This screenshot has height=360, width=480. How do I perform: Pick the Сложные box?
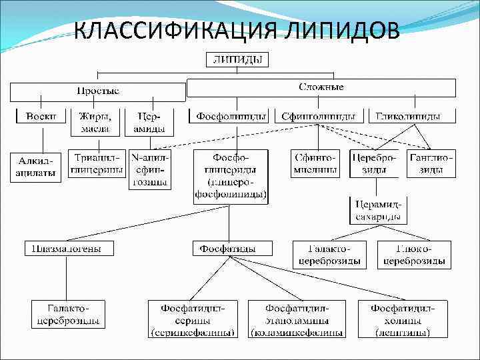pos(321,88)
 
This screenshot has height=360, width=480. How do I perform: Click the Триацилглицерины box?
pos(99,165)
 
